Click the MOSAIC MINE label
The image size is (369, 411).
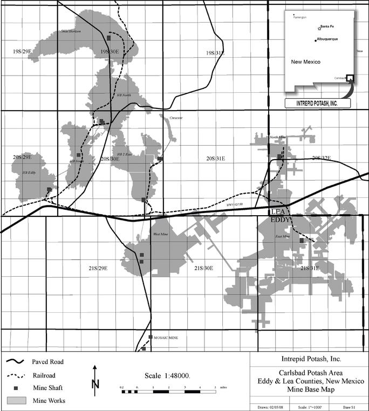click(166, 338)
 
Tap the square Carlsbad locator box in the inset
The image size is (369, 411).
click(350, 78)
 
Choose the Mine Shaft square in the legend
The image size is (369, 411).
click(16, 388)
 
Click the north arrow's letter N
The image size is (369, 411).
click(95, 385)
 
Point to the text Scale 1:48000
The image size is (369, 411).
click(168, 375)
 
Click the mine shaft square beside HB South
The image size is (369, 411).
click(79, 155)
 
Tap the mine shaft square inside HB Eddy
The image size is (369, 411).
click(49, 189)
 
